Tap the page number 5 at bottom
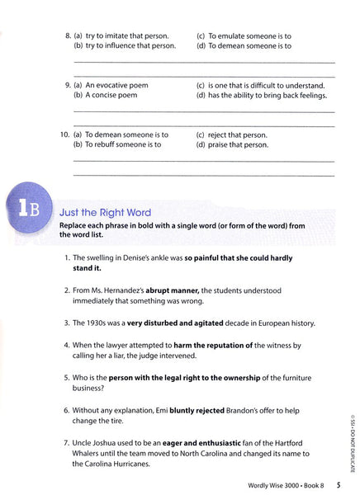click(350, 484)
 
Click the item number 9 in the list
click(68, 85)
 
